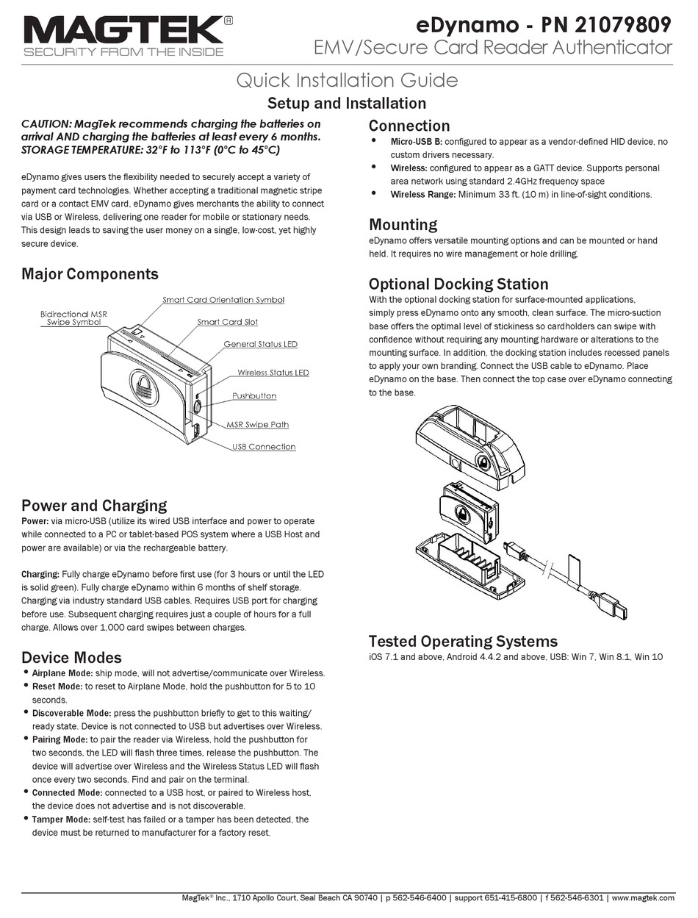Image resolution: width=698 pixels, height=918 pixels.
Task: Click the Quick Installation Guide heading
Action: (347, 80)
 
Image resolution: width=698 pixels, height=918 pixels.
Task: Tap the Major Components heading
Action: (90, 274)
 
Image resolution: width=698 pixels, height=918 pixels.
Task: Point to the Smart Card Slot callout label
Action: (227, 322)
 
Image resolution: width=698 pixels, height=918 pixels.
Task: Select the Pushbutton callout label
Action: (254, 396)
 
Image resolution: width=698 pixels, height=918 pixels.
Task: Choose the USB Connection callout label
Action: (263, 447)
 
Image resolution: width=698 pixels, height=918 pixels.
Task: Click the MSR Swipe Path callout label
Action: (257, 424)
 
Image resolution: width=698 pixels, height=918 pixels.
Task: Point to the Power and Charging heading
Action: (94, 506)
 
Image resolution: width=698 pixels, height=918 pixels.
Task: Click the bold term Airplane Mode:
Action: (62, 673)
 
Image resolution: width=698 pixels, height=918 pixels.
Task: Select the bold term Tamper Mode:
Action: (60, 819)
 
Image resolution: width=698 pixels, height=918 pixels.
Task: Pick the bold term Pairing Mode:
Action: (60, 739)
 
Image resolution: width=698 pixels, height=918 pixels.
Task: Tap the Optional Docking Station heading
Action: (458, 284)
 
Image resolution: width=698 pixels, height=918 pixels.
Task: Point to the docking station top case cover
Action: (470, 441)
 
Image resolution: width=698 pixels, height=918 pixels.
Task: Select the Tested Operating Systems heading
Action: (463, 641)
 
